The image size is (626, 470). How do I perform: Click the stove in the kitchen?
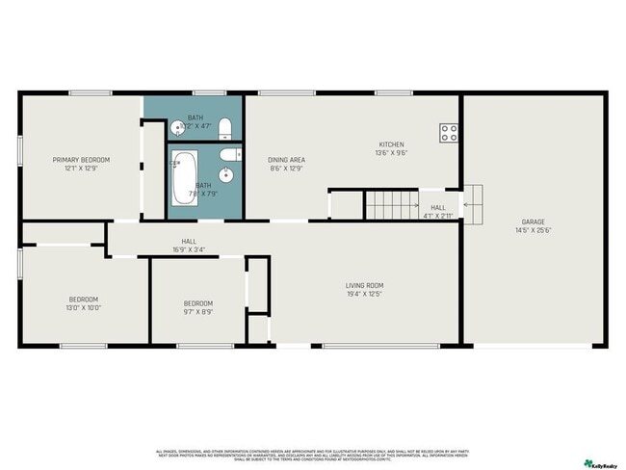coord(449,133)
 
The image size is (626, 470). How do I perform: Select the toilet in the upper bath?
coord(224,127)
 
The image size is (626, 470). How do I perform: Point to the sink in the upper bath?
coord(177,127)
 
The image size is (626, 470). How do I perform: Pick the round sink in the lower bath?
coord(225,174)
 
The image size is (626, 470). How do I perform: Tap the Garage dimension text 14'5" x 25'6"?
coord(534,230)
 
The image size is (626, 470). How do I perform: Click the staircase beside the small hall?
coord(389,204)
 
